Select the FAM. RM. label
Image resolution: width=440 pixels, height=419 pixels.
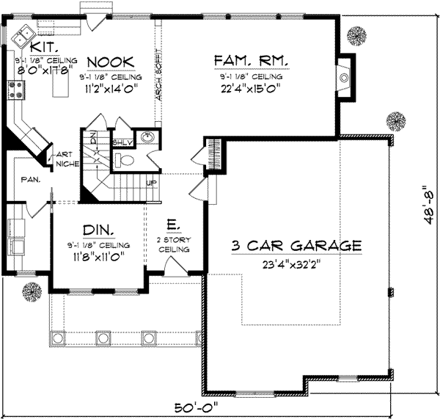coord(251,59)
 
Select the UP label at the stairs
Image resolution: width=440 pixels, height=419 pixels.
coord(152,182)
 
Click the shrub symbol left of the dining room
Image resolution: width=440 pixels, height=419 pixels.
coord(32,291)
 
